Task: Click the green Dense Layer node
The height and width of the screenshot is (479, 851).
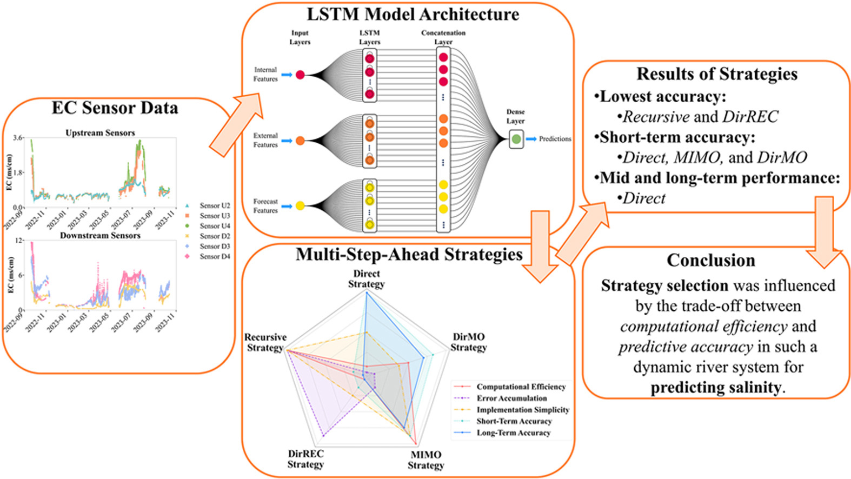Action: (516, 139)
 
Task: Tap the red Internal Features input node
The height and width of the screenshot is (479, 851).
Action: (300, 75)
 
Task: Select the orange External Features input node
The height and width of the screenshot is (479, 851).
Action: (300, 141)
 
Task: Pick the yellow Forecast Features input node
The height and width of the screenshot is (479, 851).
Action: (300, 205)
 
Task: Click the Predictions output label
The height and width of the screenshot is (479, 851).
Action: (555, 139)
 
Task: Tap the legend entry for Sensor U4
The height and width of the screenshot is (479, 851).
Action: (214, 226)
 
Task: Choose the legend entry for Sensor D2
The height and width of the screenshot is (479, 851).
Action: (214, 236)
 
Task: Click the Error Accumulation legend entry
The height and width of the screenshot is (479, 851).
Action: (511, 398)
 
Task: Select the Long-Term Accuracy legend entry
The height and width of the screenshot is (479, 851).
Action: (513, 433)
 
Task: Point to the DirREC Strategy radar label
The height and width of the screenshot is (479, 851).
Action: (305, 459)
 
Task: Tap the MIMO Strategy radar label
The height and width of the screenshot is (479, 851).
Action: (425, 460)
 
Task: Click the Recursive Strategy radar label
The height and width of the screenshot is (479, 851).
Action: (265, 342)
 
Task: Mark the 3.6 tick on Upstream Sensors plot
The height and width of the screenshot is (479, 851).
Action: (18, 138)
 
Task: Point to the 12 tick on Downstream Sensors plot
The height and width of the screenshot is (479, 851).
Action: (19, 240)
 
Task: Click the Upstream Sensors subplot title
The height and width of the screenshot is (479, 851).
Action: (100, 132)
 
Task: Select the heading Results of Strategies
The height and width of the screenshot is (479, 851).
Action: (716, 74)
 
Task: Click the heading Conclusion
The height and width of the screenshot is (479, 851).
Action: (710, 260)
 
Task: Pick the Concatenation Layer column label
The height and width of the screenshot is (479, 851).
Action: (443, 37)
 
